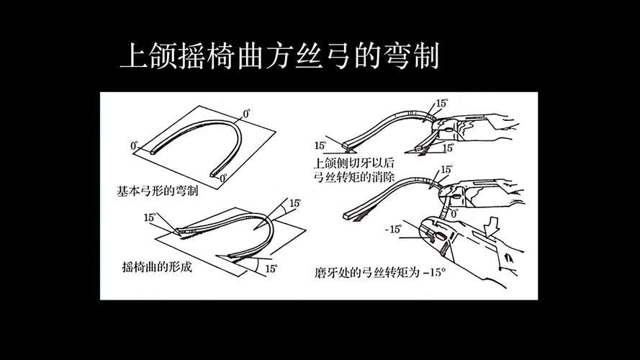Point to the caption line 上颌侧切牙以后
[355, 162]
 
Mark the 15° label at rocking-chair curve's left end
[150, 217]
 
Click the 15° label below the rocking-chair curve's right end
[271, 269]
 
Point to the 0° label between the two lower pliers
[453, 214]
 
